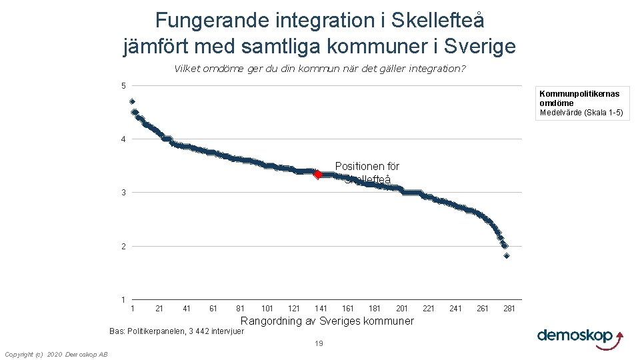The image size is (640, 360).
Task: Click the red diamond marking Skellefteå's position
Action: click(318, 175)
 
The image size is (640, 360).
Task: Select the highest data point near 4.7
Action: click(133, 101)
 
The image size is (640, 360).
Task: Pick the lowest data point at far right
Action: click(507, 255)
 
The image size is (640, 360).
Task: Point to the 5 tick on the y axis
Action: click(123, 85)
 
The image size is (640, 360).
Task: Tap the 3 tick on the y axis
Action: click(123, 193)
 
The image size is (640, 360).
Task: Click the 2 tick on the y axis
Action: click(123, 247)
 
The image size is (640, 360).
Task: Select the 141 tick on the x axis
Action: click(321, 309)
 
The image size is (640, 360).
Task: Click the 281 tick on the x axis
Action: click(509, 309)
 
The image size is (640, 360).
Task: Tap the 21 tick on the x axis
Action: click(159, 309)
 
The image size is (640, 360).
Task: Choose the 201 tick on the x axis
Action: click(402, 309)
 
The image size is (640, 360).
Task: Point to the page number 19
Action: click(319, 344)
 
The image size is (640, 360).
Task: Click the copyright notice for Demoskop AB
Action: click(55, 354)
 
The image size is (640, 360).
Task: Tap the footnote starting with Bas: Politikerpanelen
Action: click(177, 331)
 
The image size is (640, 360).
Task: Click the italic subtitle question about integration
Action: click(319, 69)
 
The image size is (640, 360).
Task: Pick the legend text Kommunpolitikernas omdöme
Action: click(579, 99)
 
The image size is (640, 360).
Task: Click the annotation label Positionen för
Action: click(367, 166)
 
